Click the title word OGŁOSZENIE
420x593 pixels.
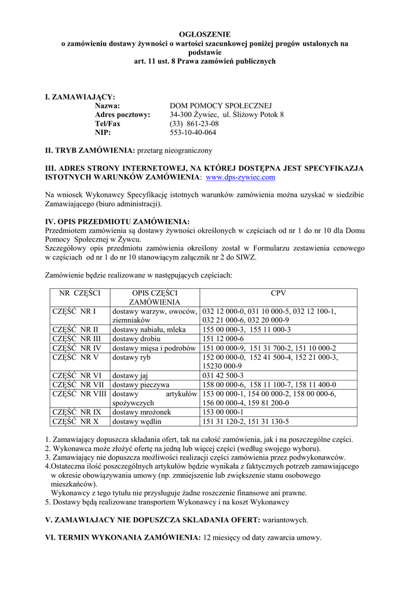(203, 35)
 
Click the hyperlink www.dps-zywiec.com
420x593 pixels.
(240, 177)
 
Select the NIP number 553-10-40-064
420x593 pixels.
(193, 133)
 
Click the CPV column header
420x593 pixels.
(278, 293)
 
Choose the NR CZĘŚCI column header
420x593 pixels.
(79, 293)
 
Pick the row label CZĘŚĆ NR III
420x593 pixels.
(76, 339)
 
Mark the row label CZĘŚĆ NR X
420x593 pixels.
(75, 422)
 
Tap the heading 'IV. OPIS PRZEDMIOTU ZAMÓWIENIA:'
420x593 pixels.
(118, 222)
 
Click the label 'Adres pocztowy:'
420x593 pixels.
(122, 115)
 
